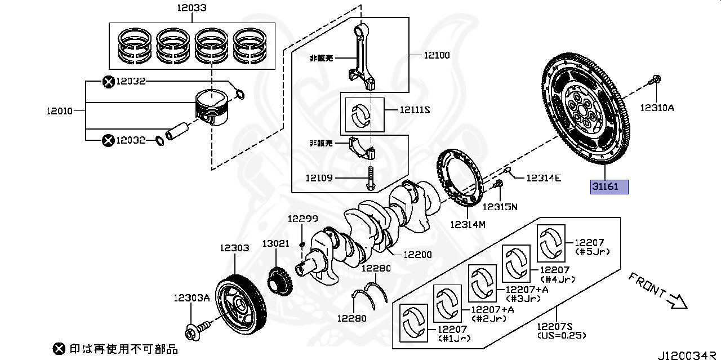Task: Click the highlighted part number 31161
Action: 608,186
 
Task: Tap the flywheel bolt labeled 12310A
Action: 655,82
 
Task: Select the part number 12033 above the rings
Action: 192,8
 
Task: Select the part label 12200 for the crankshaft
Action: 419,254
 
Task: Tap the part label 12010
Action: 60,111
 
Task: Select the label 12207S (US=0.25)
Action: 561,331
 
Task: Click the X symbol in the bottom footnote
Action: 59,349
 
